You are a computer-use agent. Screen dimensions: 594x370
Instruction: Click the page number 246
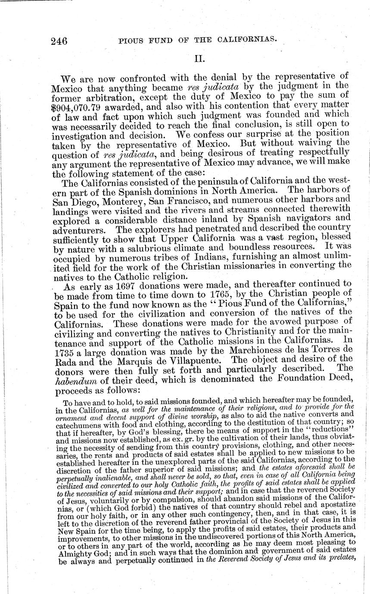(59, 41)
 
